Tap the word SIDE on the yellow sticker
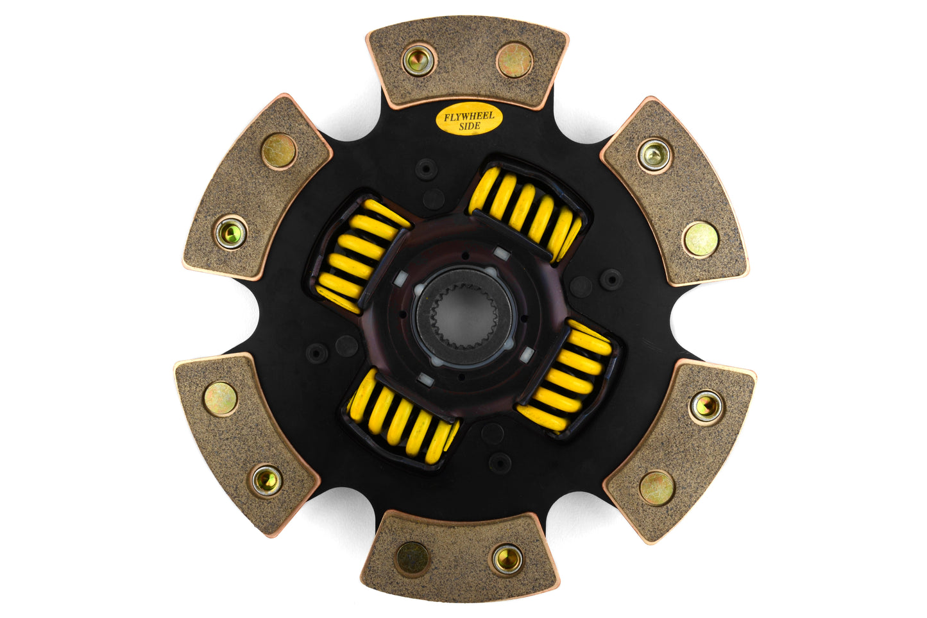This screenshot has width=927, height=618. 470,126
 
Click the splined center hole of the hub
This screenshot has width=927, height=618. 464,315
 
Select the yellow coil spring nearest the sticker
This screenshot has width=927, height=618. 525,210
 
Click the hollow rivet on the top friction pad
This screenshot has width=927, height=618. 419,60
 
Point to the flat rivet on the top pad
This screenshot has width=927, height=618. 515,60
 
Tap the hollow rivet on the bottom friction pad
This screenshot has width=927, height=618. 507,558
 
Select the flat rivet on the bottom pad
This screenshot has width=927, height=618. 412,558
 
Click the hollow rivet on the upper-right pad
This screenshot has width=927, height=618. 654,155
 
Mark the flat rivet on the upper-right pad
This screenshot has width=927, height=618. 701,239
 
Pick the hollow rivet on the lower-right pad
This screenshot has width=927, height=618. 706,406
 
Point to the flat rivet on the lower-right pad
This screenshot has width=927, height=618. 657,488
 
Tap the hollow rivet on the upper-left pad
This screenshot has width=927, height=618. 230,233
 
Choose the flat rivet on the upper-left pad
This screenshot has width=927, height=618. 279,151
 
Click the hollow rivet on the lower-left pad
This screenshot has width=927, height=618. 266,480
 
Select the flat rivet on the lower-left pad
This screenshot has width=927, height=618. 220,399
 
